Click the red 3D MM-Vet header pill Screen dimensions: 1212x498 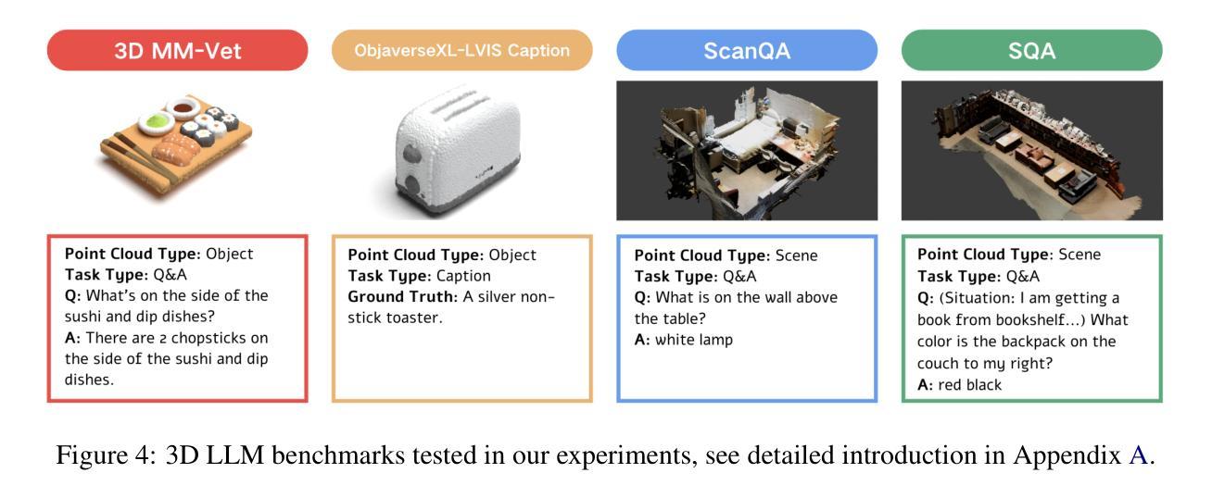178,50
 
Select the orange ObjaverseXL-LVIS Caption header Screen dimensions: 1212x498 462,50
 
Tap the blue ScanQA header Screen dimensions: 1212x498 747,50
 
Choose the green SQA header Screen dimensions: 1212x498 1032,50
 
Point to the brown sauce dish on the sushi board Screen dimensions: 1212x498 183,108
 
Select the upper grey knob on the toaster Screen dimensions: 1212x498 412,154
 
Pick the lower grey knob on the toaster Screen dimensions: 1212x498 413,184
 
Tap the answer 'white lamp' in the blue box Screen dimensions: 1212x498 694,340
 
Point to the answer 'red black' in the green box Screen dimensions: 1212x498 969,384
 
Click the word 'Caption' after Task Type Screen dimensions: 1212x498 463,276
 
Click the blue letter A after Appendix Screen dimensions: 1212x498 1138,454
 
